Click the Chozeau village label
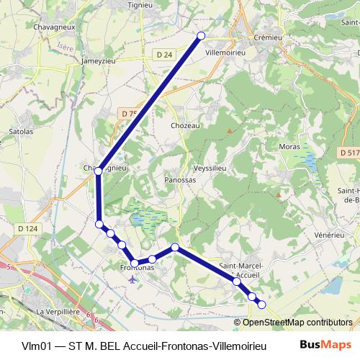point(185,125)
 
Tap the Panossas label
point(180,180)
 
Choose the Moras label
point(289,146)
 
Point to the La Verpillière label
point(60,312)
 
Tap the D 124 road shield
point(27,228)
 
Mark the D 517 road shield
point(348,152)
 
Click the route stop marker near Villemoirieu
point(201,35)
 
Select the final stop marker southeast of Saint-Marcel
point(262,305)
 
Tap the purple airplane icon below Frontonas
point(131,279)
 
